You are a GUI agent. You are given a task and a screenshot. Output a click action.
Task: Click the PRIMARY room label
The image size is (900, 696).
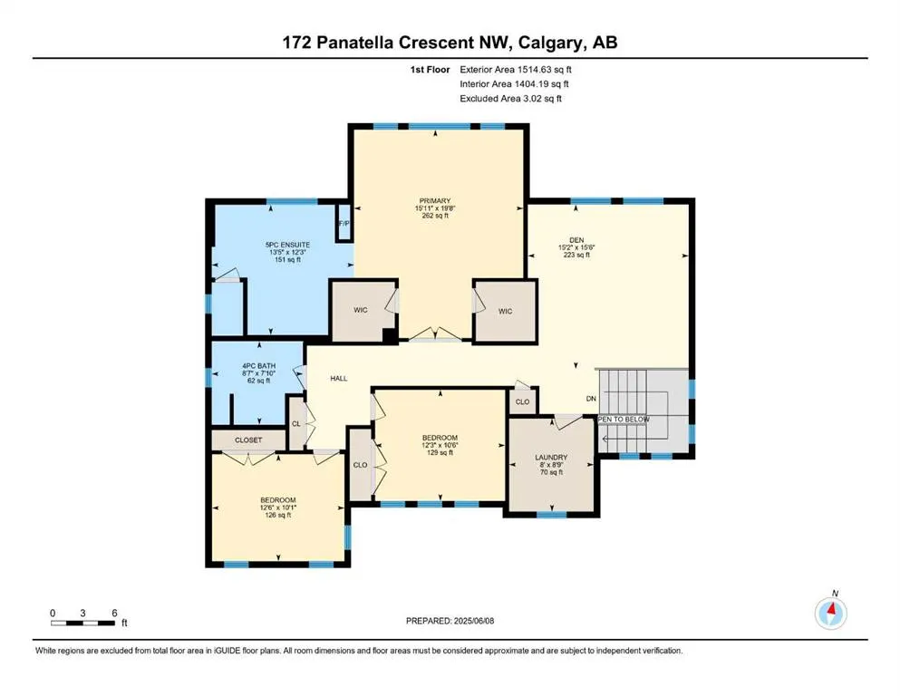pos(435,201)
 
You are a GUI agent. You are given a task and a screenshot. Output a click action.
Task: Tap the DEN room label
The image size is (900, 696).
pos(576,240)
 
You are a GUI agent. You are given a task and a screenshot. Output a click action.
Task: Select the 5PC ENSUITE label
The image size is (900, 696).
pos(287,245)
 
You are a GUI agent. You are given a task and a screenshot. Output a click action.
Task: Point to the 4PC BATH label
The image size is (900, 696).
pos(259,365)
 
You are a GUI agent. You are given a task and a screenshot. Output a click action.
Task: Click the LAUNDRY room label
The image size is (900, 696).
pos(551,458)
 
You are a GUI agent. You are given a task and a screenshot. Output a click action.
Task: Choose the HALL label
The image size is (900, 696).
pos(339,378)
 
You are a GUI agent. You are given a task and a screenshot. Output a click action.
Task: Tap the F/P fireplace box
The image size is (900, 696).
pos(344,223)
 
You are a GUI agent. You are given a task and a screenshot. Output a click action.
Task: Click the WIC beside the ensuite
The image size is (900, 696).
pos(361,310)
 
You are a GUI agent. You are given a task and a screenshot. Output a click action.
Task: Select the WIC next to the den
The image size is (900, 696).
pos(505,311)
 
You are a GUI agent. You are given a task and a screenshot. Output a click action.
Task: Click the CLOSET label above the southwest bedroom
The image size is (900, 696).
pos(248,440)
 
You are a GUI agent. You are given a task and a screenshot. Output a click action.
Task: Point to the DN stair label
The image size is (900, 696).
pos(591,398)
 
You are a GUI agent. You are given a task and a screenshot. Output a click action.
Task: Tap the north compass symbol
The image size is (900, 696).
pos(831,613)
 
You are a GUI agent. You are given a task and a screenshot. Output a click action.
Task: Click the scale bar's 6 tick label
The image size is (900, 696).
pos(114,613)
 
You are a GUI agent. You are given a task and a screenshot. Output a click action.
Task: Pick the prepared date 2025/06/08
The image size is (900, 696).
pos(474,621)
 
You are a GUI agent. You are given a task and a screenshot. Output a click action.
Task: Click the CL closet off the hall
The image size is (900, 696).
pos(296,424)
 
